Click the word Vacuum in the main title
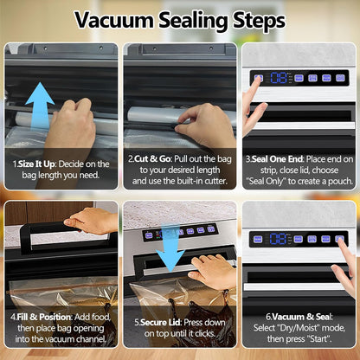pos(114,20)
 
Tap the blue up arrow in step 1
pos(40,106)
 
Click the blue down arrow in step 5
pos(170,248)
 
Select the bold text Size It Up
pos(36,164)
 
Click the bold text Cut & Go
pos(153,159)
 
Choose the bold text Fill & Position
pos(43,317)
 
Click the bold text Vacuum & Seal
pos(302,317)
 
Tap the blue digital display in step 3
pos(279,78)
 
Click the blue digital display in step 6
pos(278,239)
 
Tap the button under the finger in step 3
pos(258,78)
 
